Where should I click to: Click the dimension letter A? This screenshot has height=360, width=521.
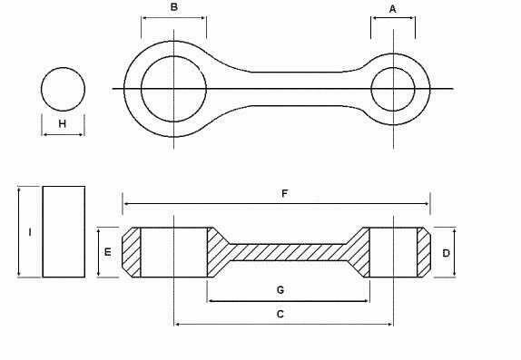click(x=393, y=9)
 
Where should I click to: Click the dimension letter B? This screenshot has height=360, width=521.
click(x=173, y=7)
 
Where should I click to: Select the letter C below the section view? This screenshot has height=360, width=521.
click(x=280, y=314)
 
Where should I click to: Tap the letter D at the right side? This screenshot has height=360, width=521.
click(x=446, y=253)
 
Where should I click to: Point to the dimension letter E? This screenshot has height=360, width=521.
click(x=108, y=252)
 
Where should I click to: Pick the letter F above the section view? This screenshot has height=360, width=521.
click(x=284, y=193)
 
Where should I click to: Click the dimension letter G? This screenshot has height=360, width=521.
click(x=280, y=290)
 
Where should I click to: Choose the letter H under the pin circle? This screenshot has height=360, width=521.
click(x=62, y=124)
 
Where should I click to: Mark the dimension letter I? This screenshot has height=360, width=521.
click(x=30, y=232)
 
